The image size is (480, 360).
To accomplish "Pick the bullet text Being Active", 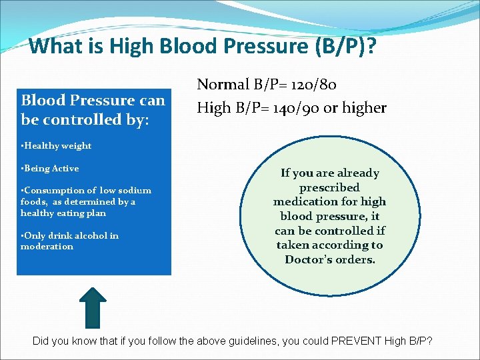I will (x=51, y=169).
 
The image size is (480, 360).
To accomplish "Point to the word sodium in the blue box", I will (x=135, y=191).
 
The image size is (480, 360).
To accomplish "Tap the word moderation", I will (x=47, y=247).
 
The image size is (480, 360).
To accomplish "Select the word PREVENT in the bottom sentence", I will (x=353, y=341).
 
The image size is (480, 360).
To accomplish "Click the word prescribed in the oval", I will (x=329, y=187).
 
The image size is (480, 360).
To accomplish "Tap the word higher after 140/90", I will (x=365, y=107).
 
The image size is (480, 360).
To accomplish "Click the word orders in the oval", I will (x=356, y=259).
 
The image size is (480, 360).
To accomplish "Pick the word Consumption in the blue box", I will (x=57, y=191).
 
